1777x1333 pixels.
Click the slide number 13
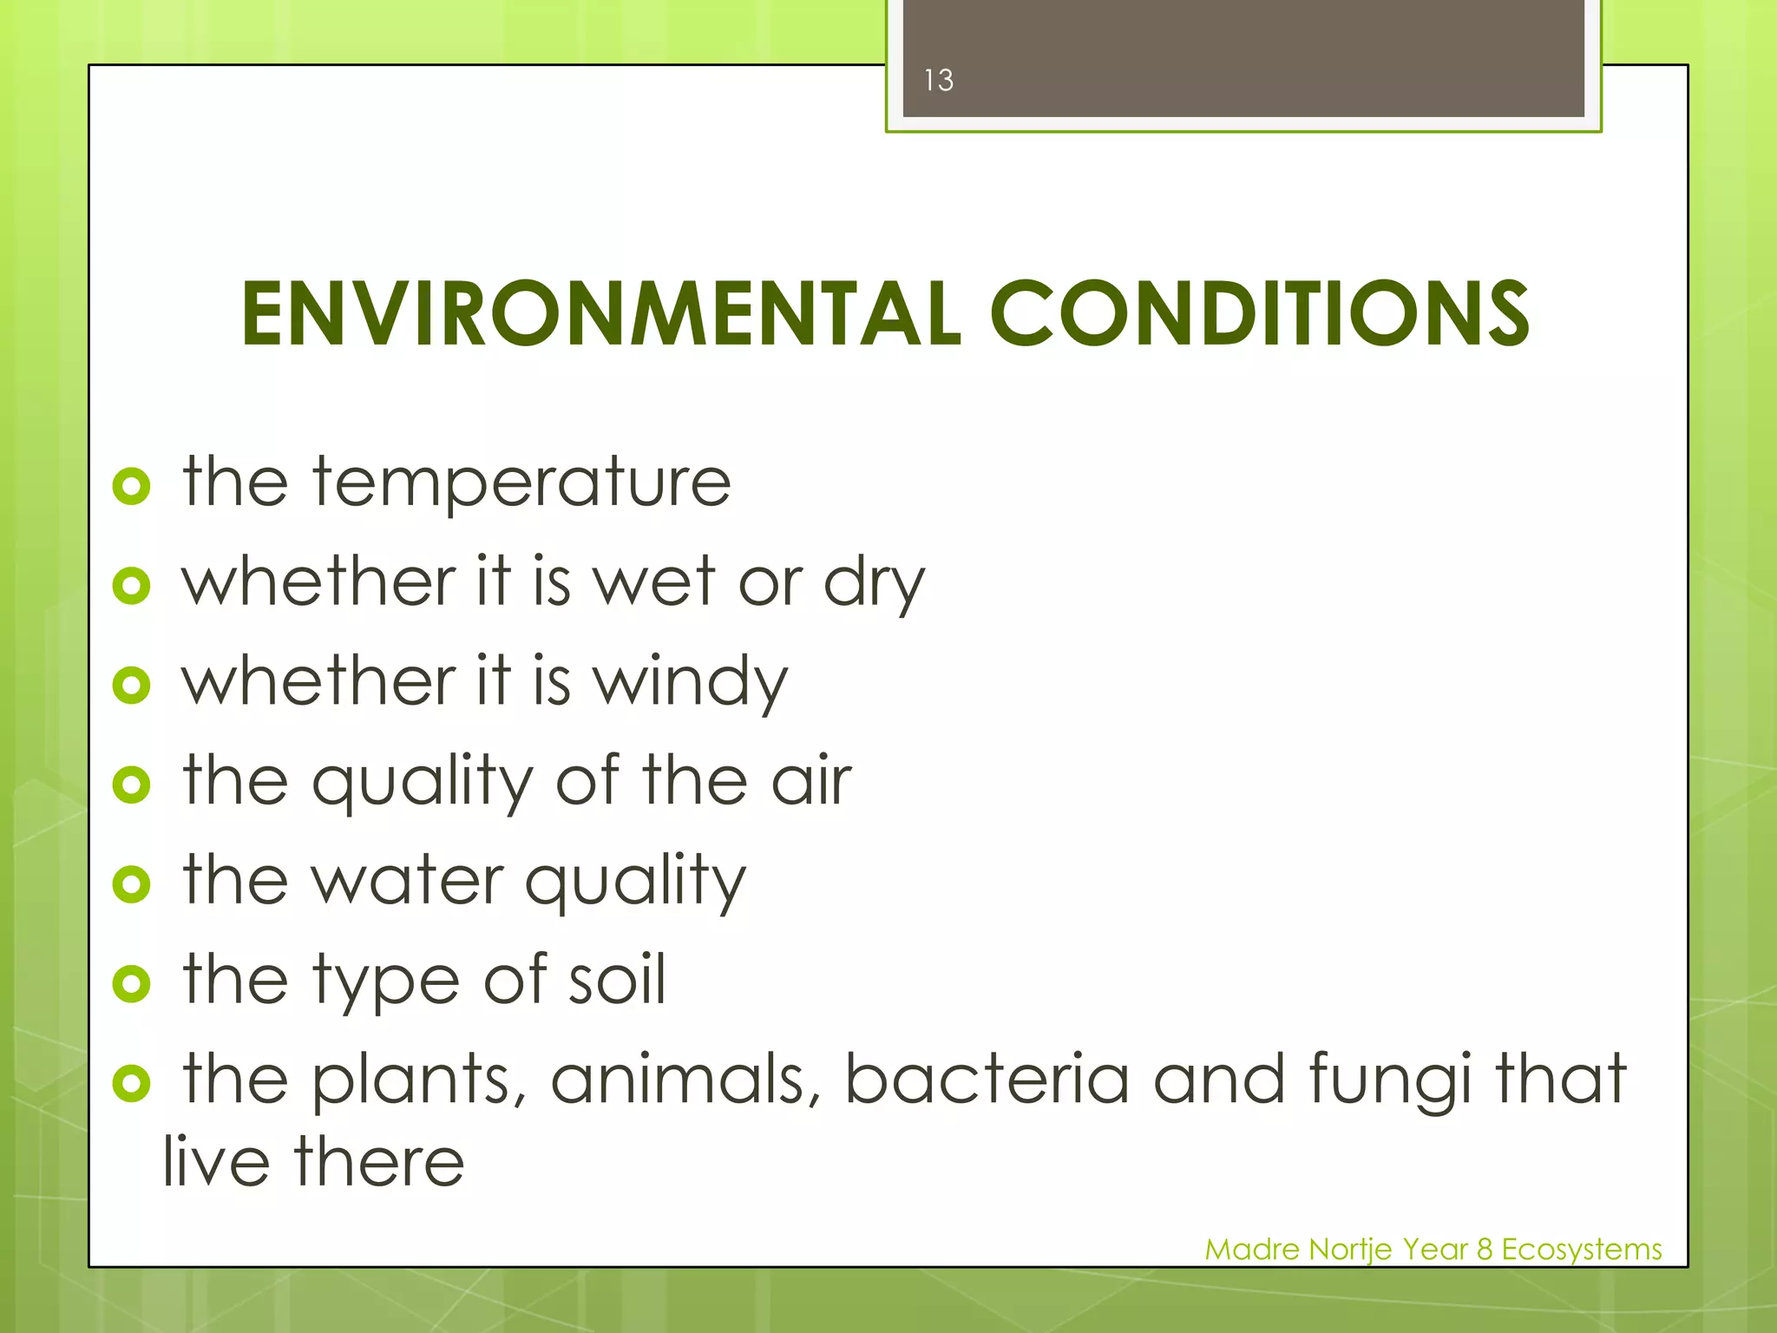(938, 81)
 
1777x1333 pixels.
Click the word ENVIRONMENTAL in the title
(600, 314)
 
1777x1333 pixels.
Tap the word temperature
(521, 484)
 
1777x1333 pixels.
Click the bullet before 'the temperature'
(131, 487)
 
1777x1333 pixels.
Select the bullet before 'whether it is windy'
(131, 686)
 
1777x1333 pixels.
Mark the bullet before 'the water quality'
(131, 884)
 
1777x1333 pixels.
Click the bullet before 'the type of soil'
(131, 983)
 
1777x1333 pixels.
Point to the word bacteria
(987, 1080)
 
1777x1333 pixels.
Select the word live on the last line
(216, 1163)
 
